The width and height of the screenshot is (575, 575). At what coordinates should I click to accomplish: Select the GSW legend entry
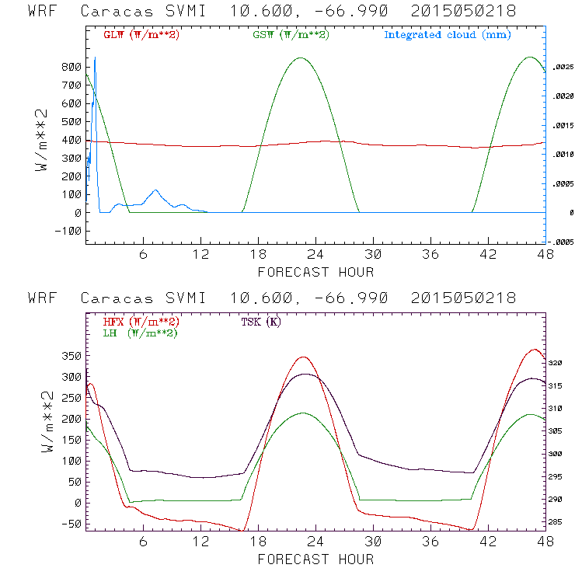click(x=291, y=35)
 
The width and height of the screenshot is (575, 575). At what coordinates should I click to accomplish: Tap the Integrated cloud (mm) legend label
click(x=448, y=35)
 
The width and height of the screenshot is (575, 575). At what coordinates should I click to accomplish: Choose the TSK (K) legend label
click(x=261, y=322)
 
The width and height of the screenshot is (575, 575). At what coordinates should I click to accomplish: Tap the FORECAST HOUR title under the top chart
click(x=315, y=272)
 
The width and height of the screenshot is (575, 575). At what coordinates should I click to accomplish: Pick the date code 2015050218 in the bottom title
click(x=463, y=298)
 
